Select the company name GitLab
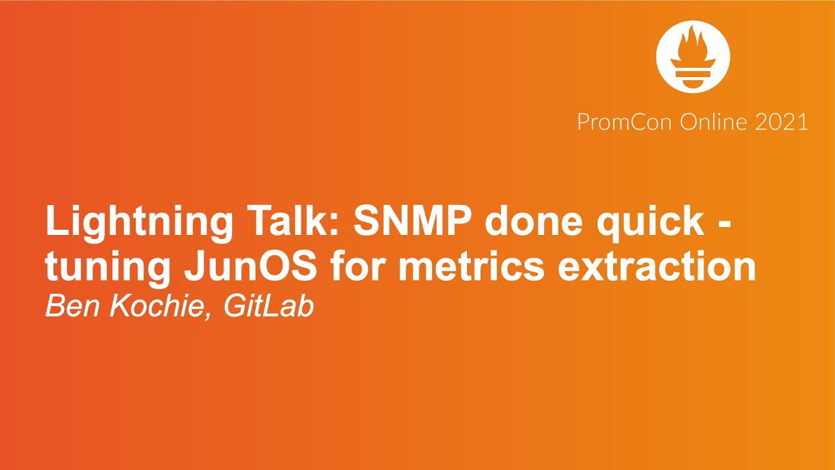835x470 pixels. tap(269, 307)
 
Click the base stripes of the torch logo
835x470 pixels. tap(692, 79)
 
